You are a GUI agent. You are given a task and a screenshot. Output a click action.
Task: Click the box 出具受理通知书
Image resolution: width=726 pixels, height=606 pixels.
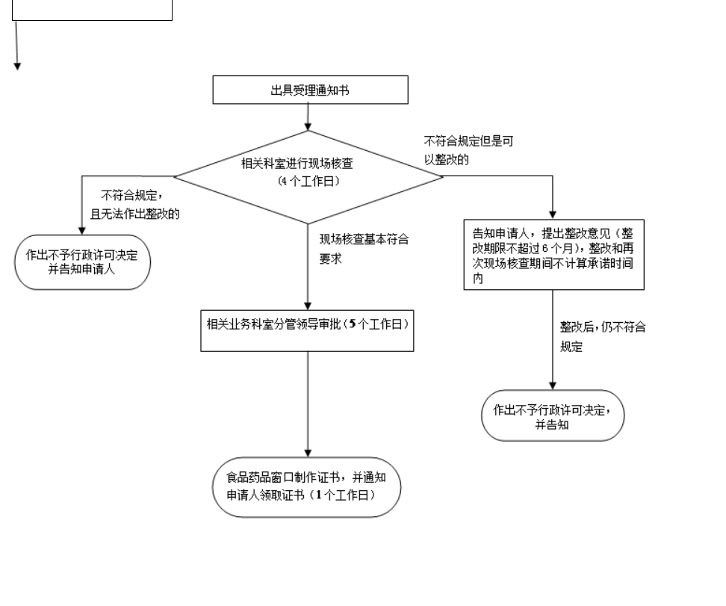310,90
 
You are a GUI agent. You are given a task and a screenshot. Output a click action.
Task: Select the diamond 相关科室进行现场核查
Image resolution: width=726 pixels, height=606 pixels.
308,176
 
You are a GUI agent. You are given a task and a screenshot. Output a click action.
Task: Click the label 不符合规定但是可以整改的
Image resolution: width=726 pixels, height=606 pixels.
468,150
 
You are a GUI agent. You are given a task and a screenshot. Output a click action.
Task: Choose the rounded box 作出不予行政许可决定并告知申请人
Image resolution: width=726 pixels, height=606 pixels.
82,262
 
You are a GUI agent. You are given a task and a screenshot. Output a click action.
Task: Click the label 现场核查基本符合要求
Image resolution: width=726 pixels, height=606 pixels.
364,250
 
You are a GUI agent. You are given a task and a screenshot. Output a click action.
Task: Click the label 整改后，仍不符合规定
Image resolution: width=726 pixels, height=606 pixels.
603,337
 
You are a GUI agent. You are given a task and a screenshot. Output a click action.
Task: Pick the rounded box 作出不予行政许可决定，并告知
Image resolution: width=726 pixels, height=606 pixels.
552,415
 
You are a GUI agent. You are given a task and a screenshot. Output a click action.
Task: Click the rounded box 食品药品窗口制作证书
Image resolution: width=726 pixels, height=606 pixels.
306,487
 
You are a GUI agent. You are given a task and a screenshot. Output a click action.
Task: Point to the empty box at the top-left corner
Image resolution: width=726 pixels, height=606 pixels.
93,10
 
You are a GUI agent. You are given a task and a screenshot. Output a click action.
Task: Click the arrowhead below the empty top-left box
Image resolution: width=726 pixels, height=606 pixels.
17,66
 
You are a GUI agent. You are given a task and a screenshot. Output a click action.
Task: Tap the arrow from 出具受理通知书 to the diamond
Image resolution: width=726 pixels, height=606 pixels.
308,117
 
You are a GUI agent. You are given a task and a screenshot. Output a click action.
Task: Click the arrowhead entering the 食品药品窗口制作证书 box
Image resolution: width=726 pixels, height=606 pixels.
308,451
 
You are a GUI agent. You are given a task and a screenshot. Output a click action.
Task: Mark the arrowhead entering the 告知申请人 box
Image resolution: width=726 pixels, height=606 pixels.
553,213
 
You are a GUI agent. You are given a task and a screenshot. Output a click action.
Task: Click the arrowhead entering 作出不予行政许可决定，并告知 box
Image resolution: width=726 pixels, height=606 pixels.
553,385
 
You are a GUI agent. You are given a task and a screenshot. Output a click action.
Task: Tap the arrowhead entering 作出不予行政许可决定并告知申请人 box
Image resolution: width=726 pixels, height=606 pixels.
82,232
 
